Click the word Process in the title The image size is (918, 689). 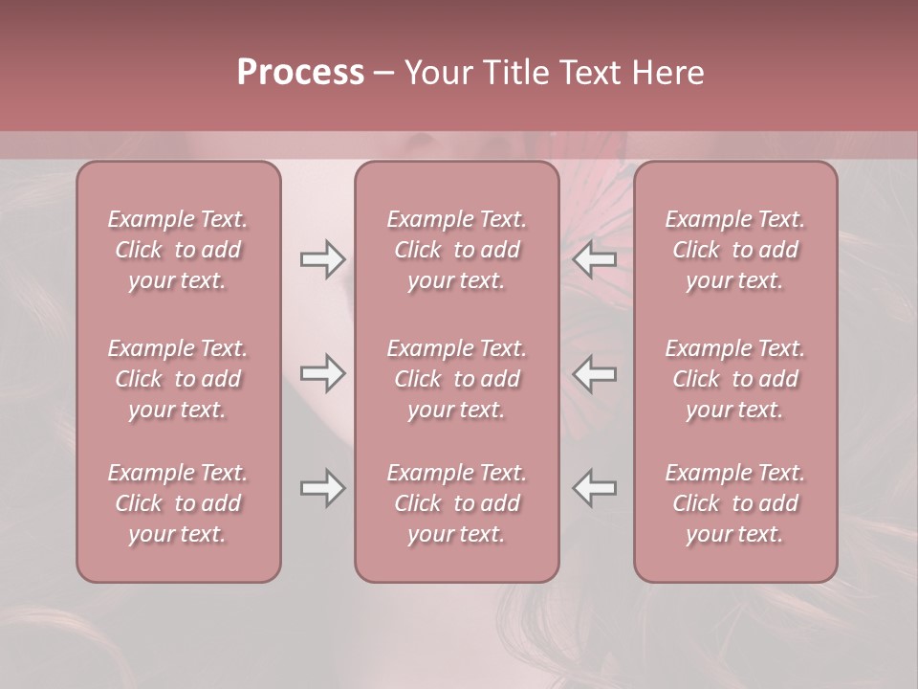[x=300, y=73]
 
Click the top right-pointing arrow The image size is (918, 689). [x=323, y=258]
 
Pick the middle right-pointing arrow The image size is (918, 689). [x=323, y=373]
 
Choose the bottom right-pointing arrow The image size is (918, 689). [x=323, y=488]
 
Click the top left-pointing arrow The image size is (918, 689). [x=595, y=258]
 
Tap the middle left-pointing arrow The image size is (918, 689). [x=595, y=373]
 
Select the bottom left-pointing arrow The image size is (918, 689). [x=595, y=488]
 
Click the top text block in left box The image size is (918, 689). [x=178, y=250]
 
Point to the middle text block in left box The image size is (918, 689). [x=178, y=379]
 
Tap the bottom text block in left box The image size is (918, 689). [x=178, y=503]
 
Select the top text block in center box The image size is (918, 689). [x=456, y=250]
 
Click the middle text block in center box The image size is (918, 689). [x=456, y=379]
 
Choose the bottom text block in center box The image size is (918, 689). [x=456, y=503]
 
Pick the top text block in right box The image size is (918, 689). [x=735, y=250]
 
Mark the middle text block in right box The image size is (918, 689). [x=735, y=379]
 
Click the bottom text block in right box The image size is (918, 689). [x=735, y=503]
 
